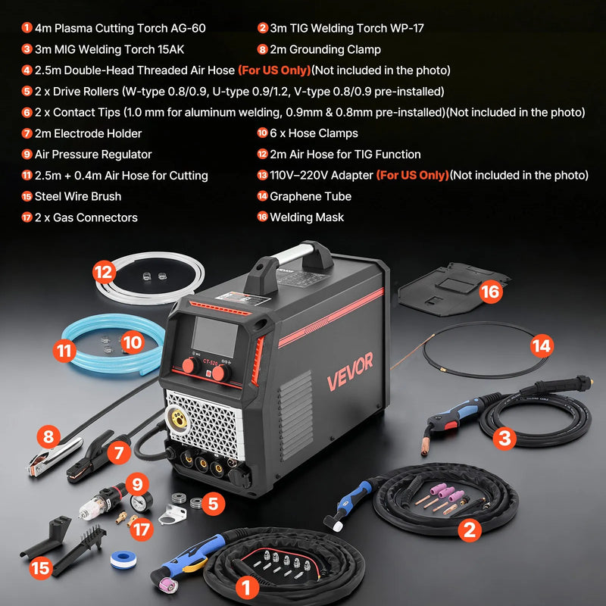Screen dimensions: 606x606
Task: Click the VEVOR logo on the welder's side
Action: [x=350, y=371]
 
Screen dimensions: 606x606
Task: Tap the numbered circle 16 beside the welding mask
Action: [x=490, y=292]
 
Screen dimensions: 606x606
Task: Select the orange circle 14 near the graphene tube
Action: [x=542, y=346]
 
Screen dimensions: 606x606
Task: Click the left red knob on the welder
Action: [x=190, y=365]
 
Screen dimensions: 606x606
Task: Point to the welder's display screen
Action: [x=214, y=336]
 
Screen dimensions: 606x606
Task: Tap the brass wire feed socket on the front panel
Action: [x=179, y=418]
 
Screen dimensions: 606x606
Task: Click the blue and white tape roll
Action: [x=123, y=560]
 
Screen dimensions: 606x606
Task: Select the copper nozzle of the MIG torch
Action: [x=426, y=445]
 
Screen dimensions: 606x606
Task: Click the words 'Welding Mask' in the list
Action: [x=307, y=217]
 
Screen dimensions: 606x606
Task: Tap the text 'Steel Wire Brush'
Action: [x=78, y=196]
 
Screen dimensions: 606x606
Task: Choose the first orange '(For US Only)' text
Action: [x=274, y=70]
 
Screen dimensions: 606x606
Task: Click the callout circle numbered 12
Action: [x=104, y=272]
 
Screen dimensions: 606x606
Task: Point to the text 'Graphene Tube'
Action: [x=311, y=196]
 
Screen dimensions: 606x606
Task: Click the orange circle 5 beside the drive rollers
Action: [x=213, y=504]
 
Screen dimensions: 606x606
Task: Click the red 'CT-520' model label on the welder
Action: [x=210, y=362]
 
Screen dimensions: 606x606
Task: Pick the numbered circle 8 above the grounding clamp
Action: [x=48, y=437]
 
